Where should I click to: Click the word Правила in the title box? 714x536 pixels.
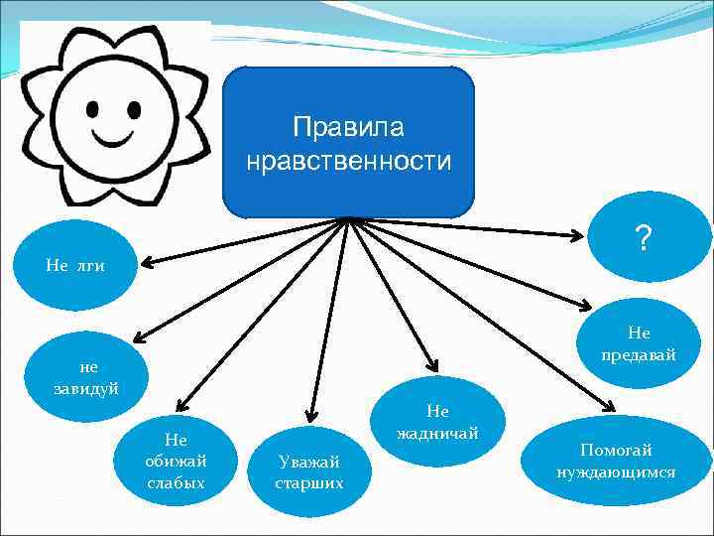[x=348, y=129]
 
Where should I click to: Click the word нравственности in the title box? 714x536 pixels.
[x=348, y=160]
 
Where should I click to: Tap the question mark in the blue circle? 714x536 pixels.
[x=644, y=238]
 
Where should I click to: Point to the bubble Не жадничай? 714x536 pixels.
[x=436, y=422]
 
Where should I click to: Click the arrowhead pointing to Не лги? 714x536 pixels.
[x=145, y=263]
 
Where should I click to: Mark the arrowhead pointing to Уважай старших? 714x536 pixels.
[x=311, y=415]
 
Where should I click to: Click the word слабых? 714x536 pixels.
[x=176, y=483]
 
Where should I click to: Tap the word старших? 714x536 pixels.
[x=309, y=483]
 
